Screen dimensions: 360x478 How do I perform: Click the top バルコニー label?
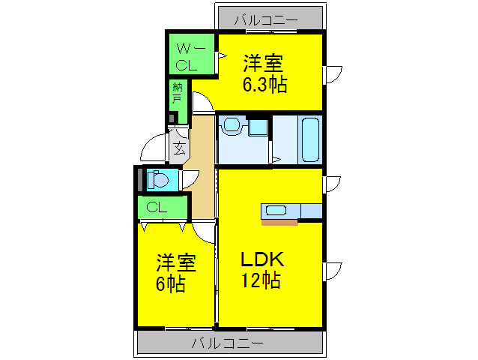click(x=266, y=19)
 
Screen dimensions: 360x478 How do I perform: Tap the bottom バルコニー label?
click(x=227, y=343)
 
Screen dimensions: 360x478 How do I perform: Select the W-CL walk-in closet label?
click(x=187, y=57)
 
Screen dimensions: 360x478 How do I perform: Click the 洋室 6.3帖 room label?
click(x=264, y=72)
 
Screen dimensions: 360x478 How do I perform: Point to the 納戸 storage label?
click(x=177, y=92)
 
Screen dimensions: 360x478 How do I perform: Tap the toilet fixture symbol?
click(x=158, y=180)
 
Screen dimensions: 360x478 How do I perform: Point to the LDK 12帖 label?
click(x=261, y=271)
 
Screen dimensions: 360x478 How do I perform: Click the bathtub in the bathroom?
click(x=309, y=140)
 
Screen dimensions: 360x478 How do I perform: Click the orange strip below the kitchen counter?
click(x=279, y=222)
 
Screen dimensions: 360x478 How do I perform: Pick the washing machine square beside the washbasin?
click(x=257, y=126)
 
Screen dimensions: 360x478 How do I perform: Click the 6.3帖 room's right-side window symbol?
click(x=332, y=75)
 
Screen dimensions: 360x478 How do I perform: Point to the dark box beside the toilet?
click(x=139, y=179)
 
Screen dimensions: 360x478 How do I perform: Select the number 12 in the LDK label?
click(x=250, y=282)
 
